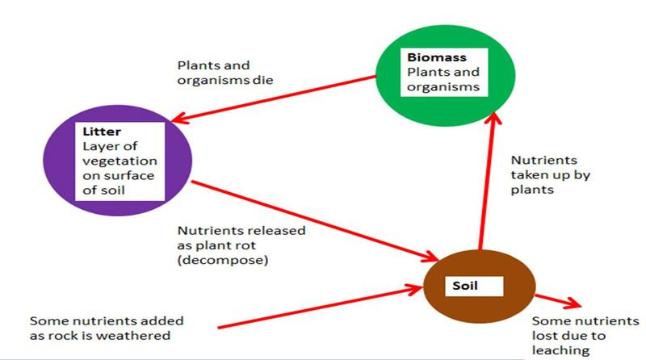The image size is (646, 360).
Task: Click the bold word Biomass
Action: pos(428,58)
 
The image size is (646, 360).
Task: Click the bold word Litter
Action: pos(98,131)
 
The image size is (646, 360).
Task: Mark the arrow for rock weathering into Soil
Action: pos(323,308)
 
